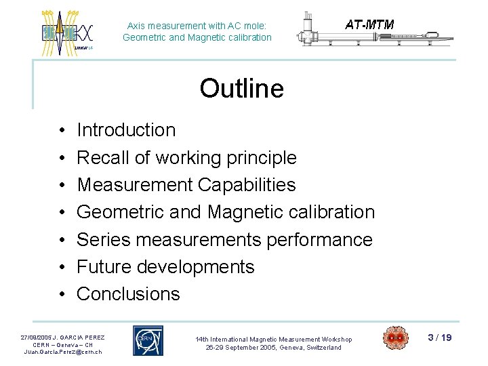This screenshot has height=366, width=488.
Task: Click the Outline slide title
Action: click(241, 89)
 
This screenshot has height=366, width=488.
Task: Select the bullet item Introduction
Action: click(126, 130)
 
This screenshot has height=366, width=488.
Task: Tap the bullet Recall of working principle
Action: click(186, 158)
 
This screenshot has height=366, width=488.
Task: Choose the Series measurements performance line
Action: click(224, 240)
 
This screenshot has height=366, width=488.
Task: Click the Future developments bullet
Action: click(165, 267)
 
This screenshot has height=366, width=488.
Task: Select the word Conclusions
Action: click(128, 294)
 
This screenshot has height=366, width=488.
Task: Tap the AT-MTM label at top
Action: click(369, 25)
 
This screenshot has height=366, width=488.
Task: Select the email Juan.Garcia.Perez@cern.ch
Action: click(62, 352)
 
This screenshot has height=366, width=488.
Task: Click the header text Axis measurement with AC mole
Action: click(197, 26)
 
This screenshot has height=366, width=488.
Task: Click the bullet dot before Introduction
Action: click(62, 131)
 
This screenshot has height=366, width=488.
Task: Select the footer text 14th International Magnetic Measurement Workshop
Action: click(274, 339)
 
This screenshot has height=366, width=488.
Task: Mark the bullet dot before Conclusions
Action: click(62, 295)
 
